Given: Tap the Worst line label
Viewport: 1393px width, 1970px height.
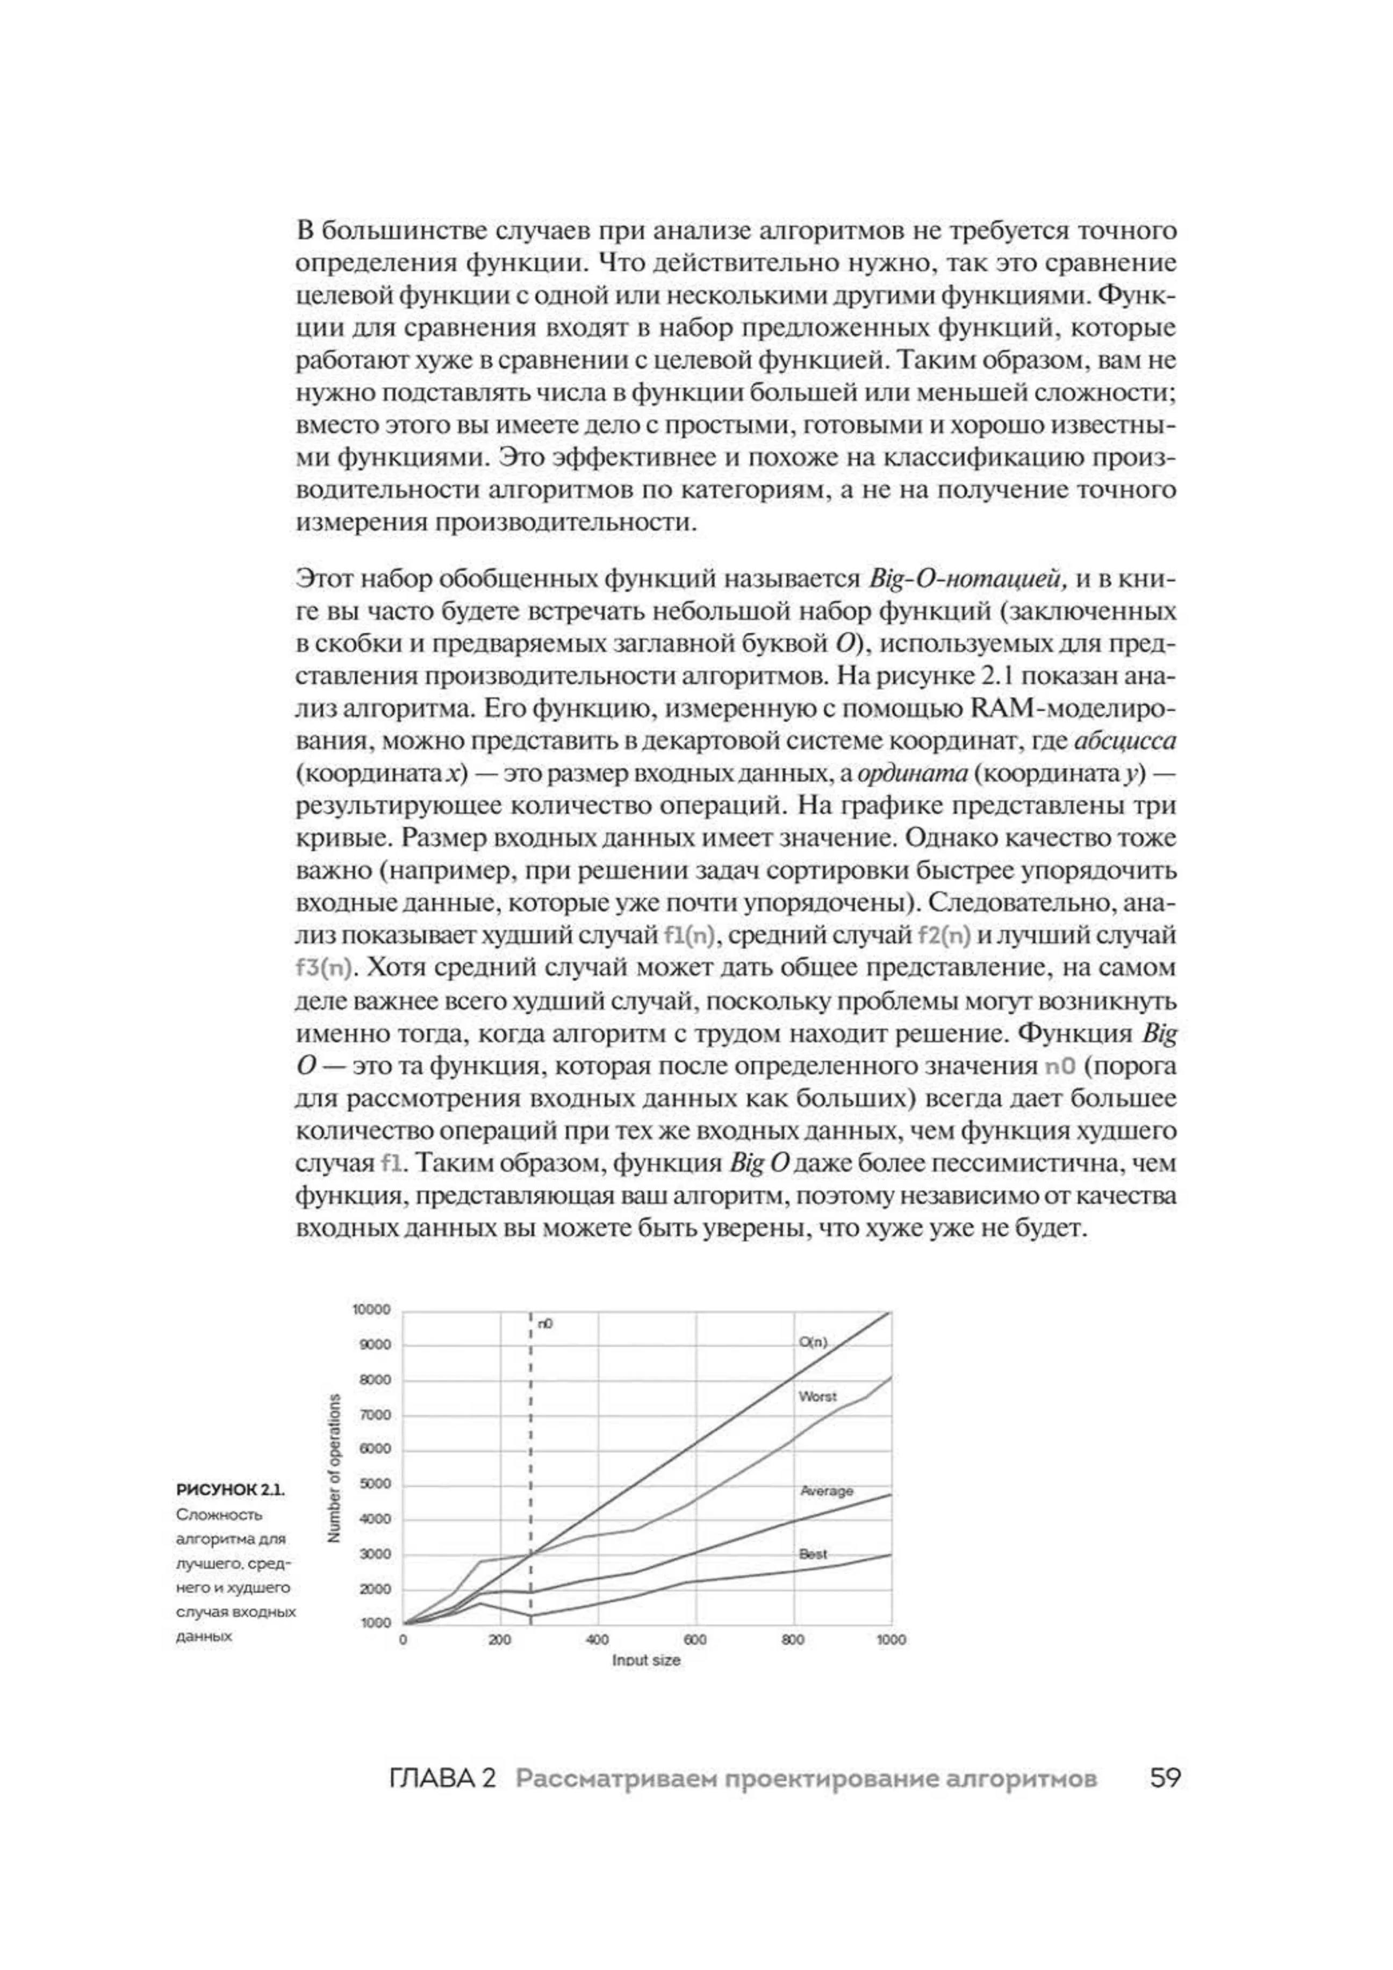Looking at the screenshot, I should click(x=816, y=1421).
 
